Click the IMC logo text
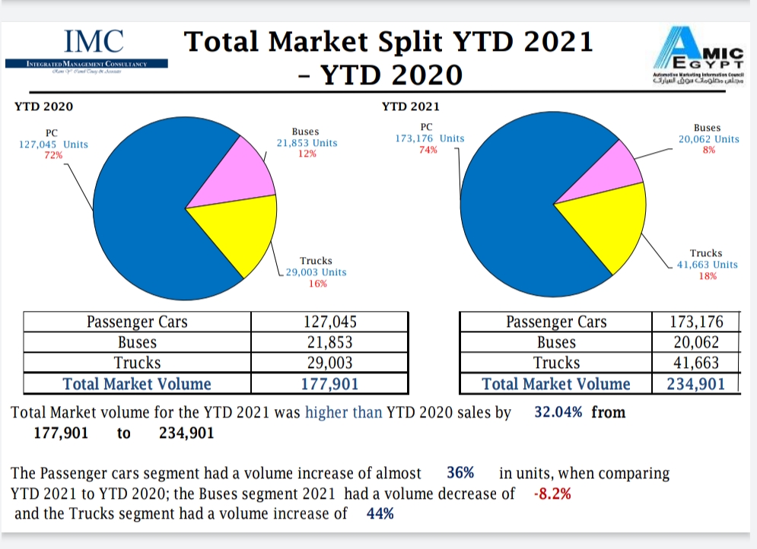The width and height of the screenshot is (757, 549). click(94, 40)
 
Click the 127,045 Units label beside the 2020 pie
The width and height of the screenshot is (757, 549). click(53, 144)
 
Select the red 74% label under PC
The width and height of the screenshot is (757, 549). click(428, 150)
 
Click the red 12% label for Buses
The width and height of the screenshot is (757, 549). click(307, 154)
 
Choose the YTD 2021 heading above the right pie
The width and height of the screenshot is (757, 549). click(410, 107)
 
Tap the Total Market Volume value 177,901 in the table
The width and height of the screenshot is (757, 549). click(329, 384)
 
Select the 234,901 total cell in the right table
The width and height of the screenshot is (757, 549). click(696, 384)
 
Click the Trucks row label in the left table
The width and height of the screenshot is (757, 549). click(137, 363)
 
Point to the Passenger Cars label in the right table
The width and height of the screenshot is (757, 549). click(556, 322)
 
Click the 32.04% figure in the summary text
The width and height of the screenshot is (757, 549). click(559, 412)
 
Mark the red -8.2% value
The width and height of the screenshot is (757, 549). click(553, 493)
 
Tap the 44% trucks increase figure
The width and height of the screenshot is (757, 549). click(380, 513)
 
